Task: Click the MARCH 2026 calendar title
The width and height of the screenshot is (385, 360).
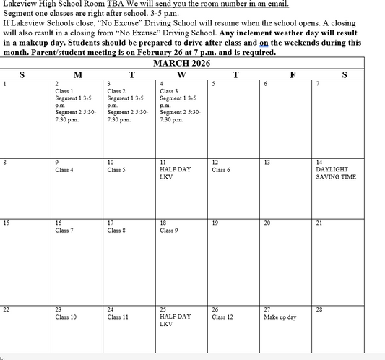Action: (182, 64)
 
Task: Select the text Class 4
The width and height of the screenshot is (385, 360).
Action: (64, 170)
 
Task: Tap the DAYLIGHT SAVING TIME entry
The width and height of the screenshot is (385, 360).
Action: (336, 173)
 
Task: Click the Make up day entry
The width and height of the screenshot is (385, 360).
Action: (280, 317)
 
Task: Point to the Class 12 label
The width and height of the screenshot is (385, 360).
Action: (222, 317)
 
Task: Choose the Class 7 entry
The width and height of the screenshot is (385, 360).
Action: (64, 231)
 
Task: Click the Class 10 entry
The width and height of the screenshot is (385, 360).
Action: (66, 317)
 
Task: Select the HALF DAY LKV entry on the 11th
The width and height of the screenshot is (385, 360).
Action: (175, 173)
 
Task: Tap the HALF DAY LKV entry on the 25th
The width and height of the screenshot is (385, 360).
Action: (175, 320)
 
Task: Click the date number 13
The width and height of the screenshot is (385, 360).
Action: (267, 163)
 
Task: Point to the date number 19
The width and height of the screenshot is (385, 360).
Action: (215, 223)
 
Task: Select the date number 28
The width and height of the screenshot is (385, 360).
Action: (319, 309)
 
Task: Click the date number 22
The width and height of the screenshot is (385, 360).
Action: (6, 309)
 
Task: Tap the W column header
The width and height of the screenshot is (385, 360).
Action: (181, 74)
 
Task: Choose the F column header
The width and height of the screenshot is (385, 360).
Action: (292, 74)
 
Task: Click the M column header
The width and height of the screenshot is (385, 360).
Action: (77, 74)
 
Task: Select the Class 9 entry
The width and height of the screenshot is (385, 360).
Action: (169, 231)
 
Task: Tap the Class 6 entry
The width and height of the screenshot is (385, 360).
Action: (221, 170)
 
